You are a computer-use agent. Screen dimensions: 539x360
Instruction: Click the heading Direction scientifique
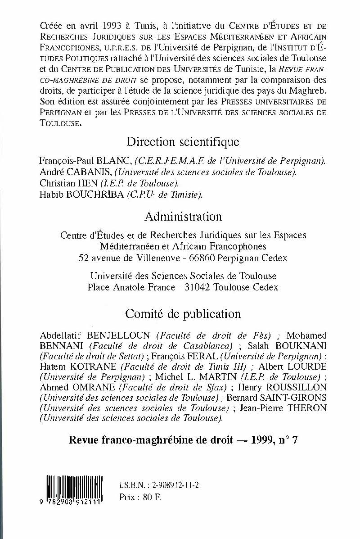(183, 142)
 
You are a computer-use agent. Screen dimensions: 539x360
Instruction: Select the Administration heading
(183, 217)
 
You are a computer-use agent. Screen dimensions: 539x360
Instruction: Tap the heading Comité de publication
(183, 313)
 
